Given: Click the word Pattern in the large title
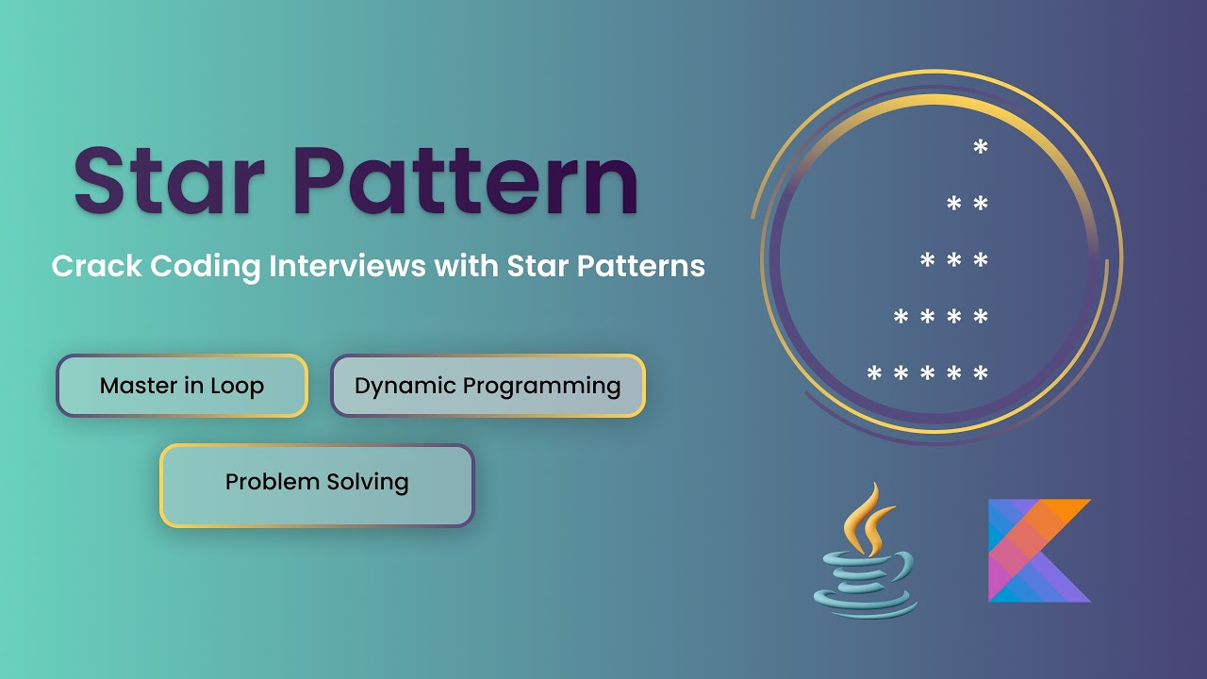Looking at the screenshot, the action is pyautogui.click(x=466, y=180).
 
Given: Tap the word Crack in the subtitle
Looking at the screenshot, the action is pyautogui.click(x=96, y=266).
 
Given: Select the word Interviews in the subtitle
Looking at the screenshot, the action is pyautogui.click(x=348, y=266).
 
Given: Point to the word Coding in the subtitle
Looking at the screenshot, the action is pyautogui.click(x=206, y=267).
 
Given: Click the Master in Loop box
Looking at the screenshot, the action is pyautogui.click(x=182, y=386).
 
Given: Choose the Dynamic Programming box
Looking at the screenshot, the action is pyautogui.click(x=488, y=386).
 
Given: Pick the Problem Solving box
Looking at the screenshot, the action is pyautogui.click(x=317, y=485).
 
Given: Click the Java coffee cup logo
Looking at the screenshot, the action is pyautogui.click(x=866, y=551).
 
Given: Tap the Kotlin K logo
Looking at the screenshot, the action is pyautogui.click(x=1039, y=550).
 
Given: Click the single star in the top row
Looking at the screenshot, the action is pyautogui.click(x=981, y=146).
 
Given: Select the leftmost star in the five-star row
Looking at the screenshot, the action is pyautogui.click(x=874, y=373).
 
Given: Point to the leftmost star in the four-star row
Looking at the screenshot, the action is pyautogui.click(x=901, y=316).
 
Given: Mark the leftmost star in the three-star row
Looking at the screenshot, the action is pyautogui.click(x=927, y=259).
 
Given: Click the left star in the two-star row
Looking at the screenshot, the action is pyautogui.click(x=953, y=203).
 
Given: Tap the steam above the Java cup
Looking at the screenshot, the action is pyautogui.click(x=868, y=519).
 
